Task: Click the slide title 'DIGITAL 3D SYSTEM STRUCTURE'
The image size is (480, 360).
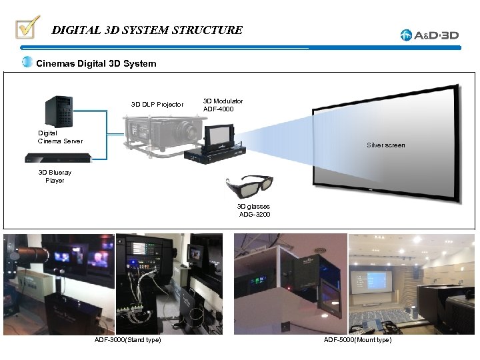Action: (147, 30)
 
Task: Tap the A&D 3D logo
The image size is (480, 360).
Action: (430, 35)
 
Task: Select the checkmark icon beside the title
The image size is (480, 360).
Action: (28, 28)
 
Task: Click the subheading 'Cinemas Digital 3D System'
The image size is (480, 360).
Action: (96, 64)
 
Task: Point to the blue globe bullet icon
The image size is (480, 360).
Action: (27, 63)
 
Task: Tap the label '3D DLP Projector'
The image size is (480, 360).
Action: (157, 105)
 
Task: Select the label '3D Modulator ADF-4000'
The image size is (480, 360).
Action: (223, 105)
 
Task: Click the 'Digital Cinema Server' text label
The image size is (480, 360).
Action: (61, 137)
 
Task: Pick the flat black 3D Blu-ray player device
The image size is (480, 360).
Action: (58, 158)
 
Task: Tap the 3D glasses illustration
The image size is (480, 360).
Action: (249, 187)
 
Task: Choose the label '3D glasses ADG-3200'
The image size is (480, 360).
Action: (254, 211)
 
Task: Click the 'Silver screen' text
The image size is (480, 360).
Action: (386, 145)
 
